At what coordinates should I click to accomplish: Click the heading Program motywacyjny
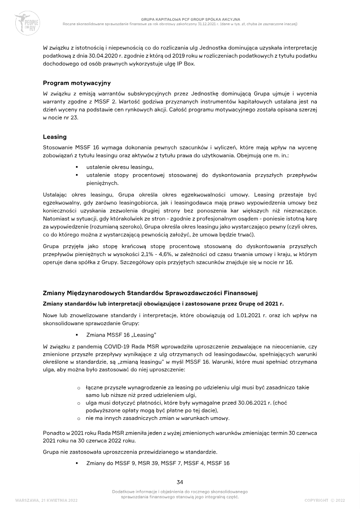[x=76, y=83]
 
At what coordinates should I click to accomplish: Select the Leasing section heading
[x=54, y=136]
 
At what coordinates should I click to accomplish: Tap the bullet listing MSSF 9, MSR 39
[x=157, y=463]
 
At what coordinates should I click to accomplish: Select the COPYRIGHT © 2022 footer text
[x=324, y=500]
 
